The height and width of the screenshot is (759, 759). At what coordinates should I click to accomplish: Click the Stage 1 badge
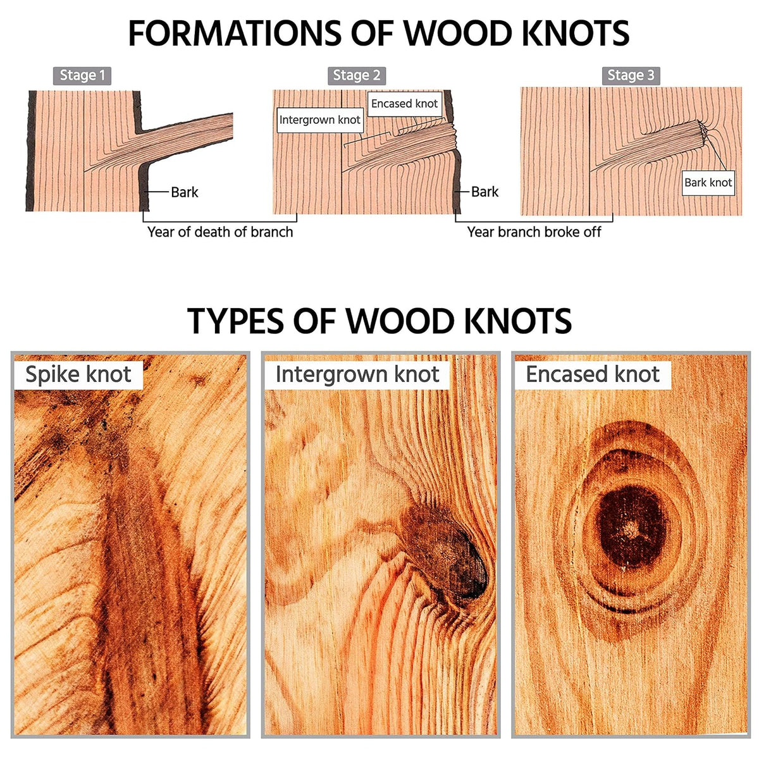(x=82, y=75)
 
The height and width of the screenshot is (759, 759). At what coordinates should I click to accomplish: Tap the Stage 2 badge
(x=357, y=75)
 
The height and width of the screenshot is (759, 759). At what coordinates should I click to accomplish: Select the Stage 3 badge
(x=631, y=75)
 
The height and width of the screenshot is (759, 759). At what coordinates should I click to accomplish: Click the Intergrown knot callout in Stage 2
(x=320, y=120)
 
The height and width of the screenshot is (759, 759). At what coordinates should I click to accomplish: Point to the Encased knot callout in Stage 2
(x=405, y=104)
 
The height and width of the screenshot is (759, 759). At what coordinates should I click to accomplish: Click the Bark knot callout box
(x=708, y=183)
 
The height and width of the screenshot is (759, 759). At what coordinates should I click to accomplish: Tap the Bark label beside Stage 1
(x=185, y=192)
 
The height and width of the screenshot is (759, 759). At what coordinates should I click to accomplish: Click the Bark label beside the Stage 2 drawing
(x=485, y=192)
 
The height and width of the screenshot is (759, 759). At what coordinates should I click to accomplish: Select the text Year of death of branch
(x=220, y=232)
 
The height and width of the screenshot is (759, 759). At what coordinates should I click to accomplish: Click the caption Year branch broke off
(x=534, y=232)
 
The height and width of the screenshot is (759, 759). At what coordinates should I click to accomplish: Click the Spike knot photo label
(x=78, y=374)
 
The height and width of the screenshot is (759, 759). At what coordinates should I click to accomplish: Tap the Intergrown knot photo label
(x=357, y=374)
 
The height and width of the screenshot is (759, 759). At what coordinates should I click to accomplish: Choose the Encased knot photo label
(x=593, y=374)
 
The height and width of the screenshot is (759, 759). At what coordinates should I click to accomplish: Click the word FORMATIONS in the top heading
(x=235, y=33)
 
